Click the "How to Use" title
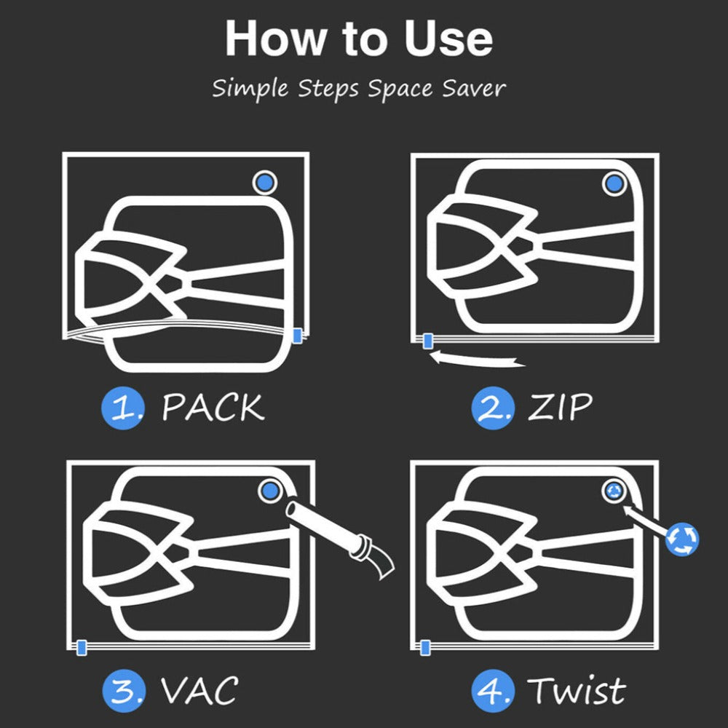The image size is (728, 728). point(358,39)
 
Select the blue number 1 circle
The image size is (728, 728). point(123,408)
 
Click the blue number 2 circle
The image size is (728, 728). point(493,408)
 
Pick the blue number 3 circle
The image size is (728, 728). point(124,690)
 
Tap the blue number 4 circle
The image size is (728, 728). point(493,690)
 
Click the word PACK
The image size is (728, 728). point(213,408)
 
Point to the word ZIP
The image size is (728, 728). point(561,407)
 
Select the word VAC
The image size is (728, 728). point(199,690)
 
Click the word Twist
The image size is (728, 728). point(577,690)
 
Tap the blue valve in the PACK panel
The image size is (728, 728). point(265,182)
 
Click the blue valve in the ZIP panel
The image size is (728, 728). point(614,184)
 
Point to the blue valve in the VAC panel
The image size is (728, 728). point(270,490)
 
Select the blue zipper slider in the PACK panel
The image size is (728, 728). point(298,335)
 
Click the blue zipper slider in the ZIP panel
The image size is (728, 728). point(427,341)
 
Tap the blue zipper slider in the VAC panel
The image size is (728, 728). point(82,647)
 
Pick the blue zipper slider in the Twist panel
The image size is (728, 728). point(425,647)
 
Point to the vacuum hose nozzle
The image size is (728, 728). point(340,538)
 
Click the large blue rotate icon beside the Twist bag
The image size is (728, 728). point(682,539)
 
